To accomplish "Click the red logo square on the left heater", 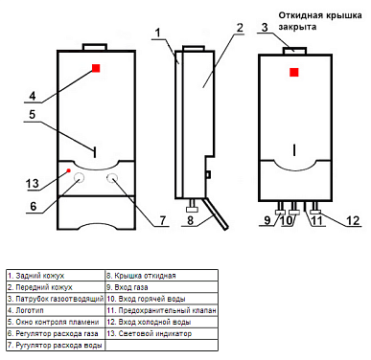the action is (x=96, y=68).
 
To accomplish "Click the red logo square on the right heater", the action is (x=294, y=72).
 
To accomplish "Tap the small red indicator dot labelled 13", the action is (x=68, y=170).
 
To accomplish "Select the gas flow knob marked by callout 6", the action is (x=79, y=178).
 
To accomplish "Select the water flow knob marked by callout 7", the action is (x=112, y=178).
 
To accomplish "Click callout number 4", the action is (x=33, y=96).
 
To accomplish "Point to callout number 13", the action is (x=33, y=184).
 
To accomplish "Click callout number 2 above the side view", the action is (x=240, y=28).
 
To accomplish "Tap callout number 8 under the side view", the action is (x=191, y=220).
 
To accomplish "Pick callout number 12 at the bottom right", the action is (x=353, y=220).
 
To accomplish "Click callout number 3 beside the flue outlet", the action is (x=265, y=27).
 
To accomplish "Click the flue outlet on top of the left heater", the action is (x=94, y=47).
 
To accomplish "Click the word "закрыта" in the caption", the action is (x=297, y=27).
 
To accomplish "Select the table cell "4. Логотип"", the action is (x=56, y=310).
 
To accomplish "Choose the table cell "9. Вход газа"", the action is (x=162, y=287).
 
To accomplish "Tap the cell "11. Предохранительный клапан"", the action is (x=162, y=310).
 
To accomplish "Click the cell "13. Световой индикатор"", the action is (x=162, y=333).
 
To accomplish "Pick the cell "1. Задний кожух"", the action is (x=56, y=276).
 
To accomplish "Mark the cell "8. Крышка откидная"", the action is (x=162, y=276).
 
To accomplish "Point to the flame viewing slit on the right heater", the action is (x=294, y=150).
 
